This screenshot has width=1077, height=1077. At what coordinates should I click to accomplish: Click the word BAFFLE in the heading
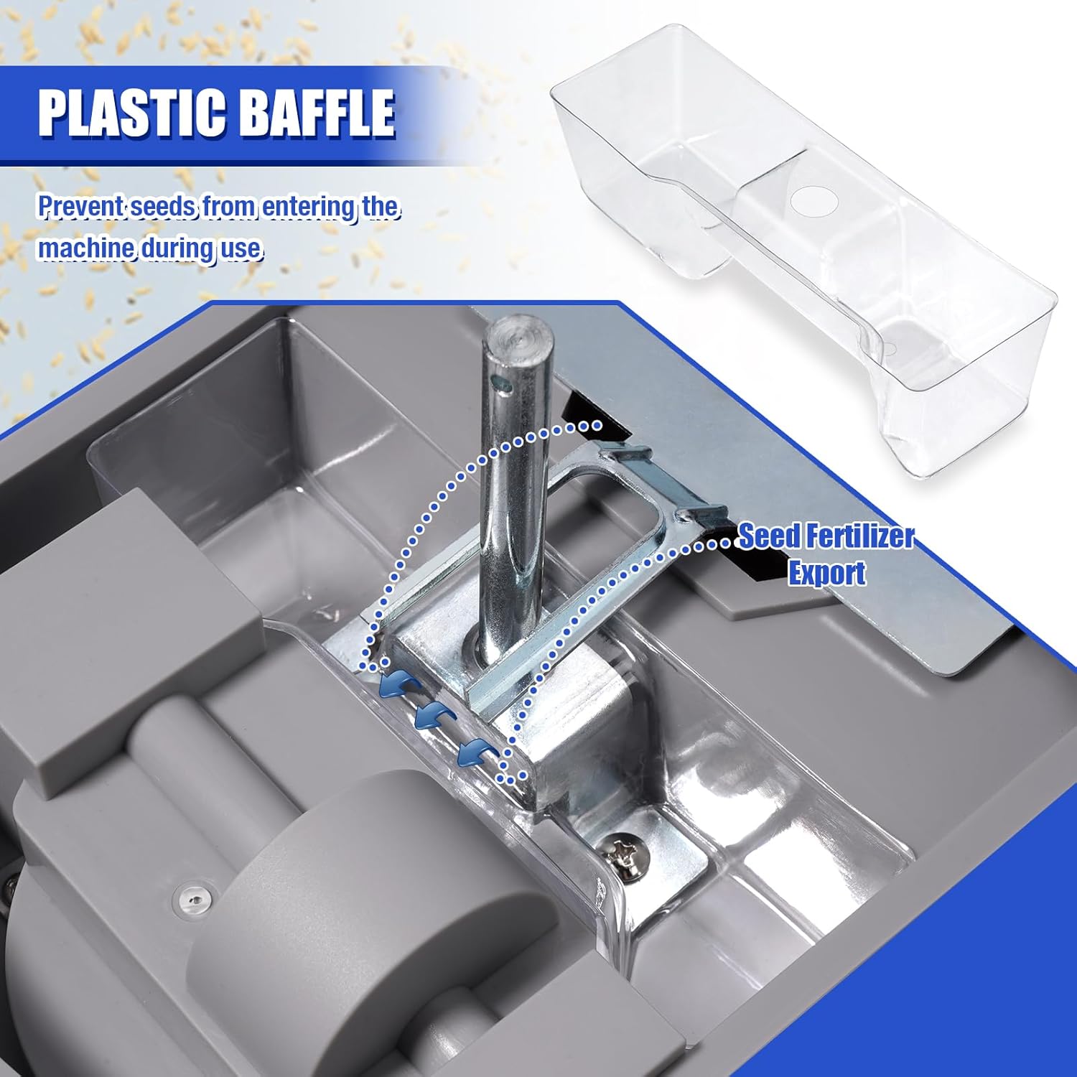(316, 112)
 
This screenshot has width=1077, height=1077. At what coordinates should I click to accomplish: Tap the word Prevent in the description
(80, 207)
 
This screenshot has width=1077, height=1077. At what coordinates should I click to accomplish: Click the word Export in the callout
(827, 573)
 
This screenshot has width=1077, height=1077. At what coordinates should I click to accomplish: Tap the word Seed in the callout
(768, 536)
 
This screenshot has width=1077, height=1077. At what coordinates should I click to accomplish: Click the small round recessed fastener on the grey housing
(195, 897)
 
